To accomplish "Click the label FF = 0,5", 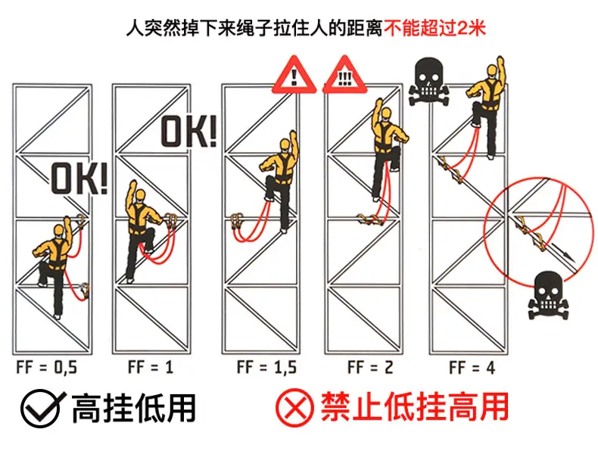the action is [x=46, y=368].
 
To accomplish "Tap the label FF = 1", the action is [x=151, y=367].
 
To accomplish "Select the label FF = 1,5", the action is [x=266, y=367].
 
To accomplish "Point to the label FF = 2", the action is [x=370, y=367].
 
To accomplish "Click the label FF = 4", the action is [x=472, y=368].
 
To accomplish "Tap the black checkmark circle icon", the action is [x=41, y=408].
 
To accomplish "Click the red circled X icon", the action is [x=294, y=408].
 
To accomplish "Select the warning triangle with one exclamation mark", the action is [x=294, y=76].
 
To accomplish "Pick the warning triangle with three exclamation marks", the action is [x=344, y=76].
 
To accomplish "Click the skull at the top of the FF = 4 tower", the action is [x=428, y=81].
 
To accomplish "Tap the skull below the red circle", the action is [x=548, y=295].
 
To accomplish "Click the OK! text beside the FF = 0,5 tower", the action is [x=79, y=179].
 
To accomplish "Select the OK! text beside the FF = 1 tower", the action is [x=188, y=132].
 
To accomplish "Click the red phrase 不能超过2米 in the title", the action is [x=434, y=29].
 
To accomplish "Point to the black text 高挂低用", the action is [x=133, y=408].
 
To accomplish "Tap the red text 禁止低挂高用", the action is [x=415, y=407].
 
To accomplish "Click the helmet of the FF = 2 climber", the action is [x=386, y=114].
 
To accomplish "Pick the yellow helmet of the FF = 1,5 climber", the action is [x=285, y=145].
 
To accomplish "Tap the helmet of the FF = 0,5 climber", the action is [x=59, y=230].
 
